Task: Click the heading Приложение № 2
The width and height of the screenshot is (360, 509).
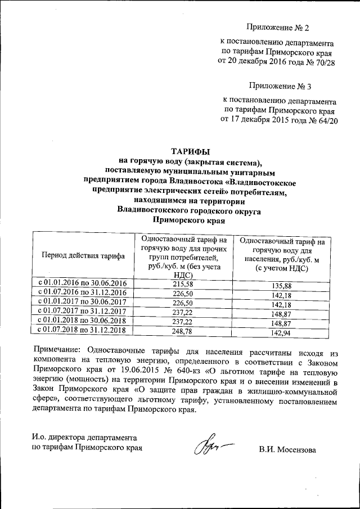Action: click(x=278, y=28)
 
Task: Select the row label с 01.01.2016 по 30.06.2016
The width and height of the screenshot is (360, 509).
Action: click(x=83, y=282)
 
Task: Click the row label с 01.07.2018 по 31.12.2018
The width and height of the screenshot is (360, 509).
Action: click(x=83, y=330)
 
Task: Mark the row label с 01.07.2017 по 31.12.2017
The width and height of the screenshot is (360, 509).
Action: click(x=83, y=310)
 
